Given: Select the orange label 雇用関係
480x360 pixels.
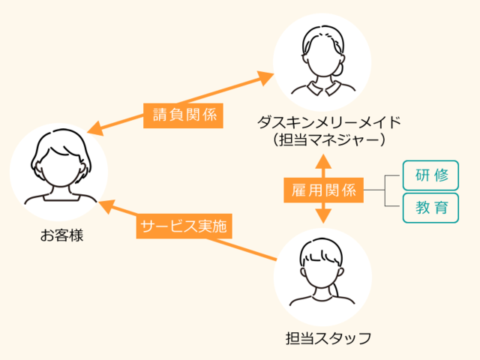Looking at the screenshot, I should point(324,190).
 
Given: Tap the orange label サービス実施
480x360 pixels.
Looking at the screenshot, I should point(183,226).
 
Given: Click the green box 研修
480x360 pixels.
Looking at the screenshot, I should point(430,177).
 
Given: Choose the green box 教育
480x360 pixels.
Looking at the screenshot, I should point(430,207).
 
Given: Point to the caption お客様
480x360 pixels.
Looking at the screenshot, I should point(61,235).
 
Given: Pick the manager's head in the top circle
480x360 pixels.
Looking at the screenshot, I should point(320,57).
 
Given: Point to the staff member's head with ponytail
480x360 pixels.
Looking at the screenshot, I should point(323,266).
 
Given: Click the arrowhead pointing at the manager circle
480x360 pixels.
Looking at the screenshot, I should point(267,76).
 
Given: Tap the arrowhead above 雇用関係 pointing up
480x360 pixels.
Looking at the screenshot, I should point(324,160).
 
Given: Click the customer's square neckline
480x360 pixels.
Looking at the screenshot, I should point(59,198).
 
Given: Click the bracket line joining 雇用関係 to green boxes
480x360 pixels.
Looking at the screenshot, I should point(384,190).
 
